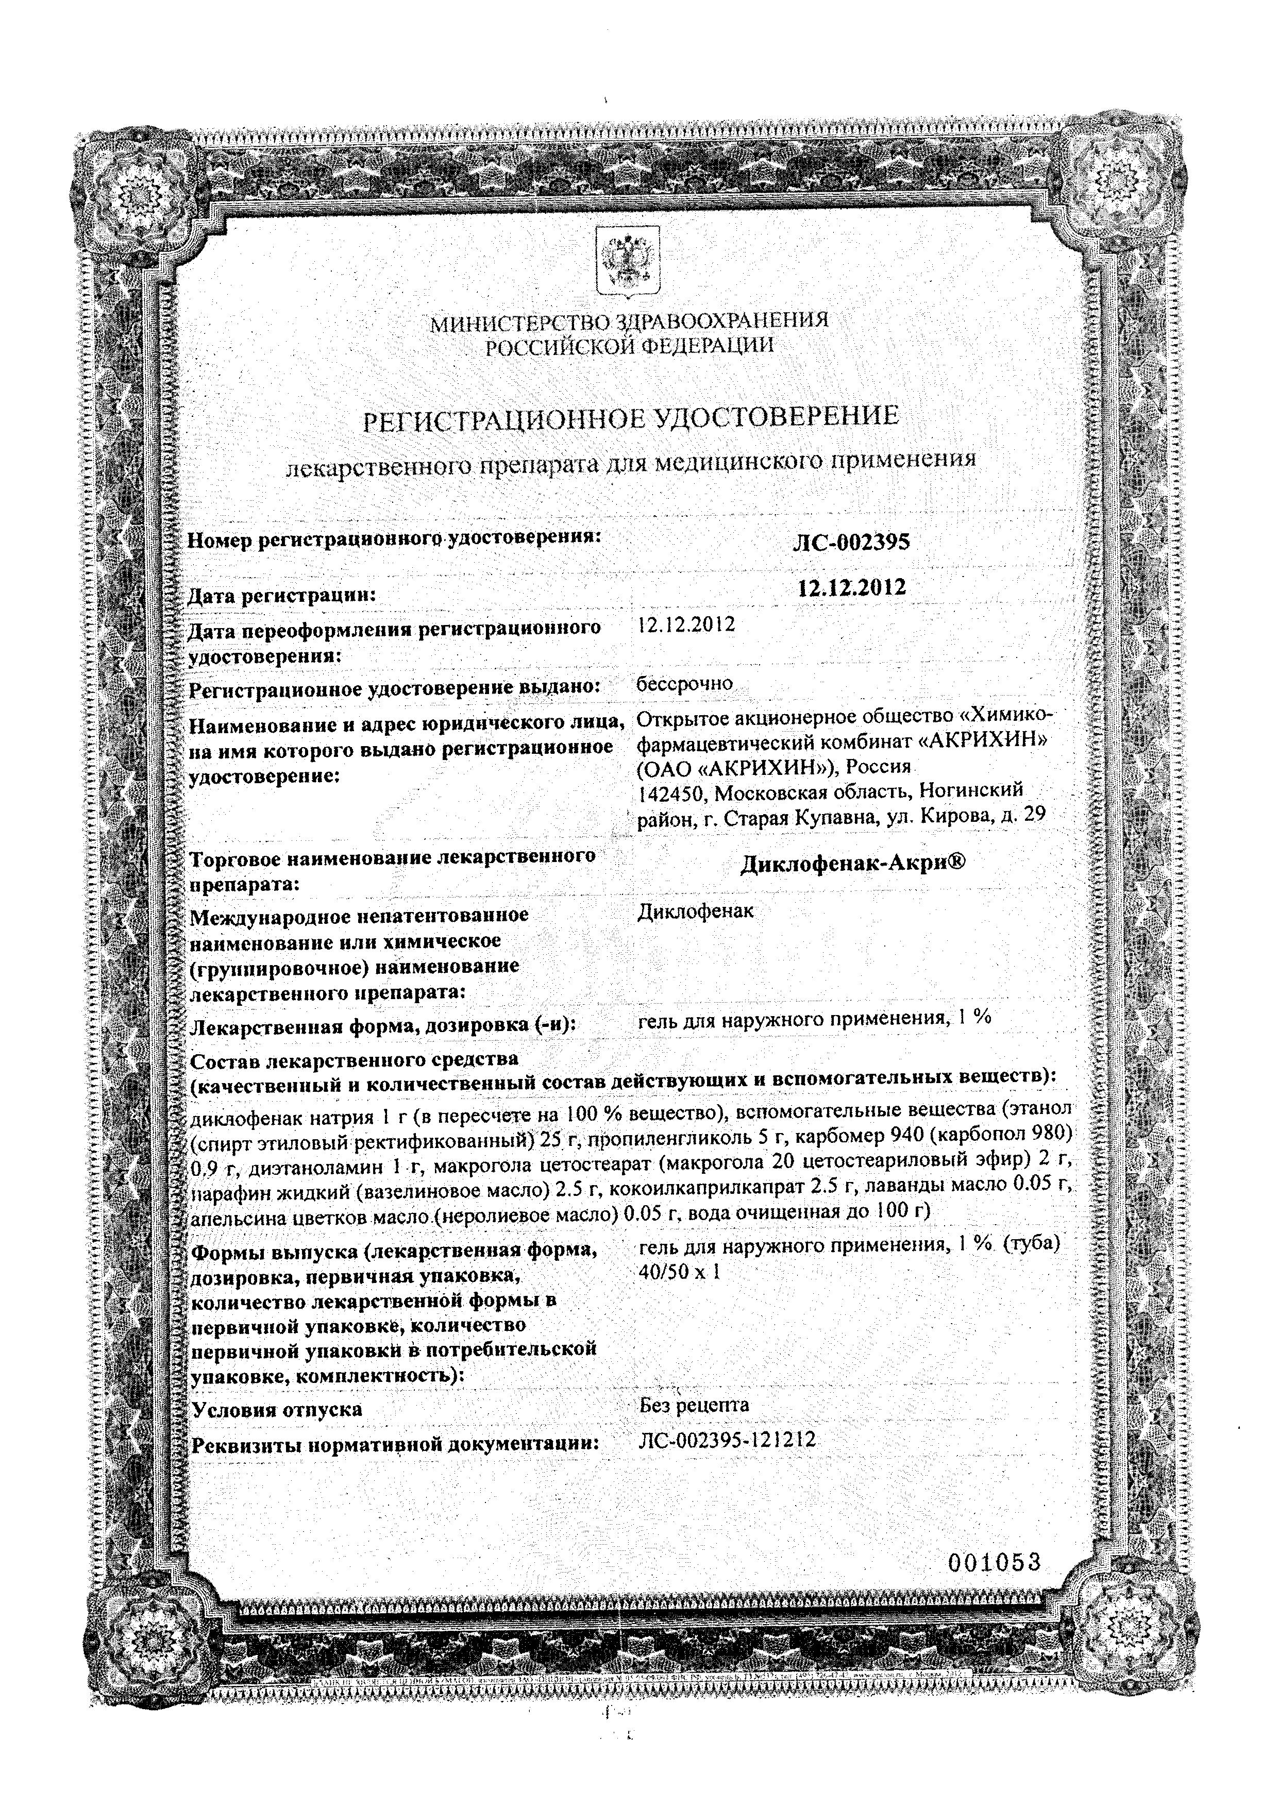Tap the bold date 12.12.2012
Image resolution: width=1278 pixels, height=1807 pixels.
(851, 587)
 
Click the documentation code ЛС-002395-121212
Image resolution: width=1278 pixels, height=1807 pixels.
(728, 1441)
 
